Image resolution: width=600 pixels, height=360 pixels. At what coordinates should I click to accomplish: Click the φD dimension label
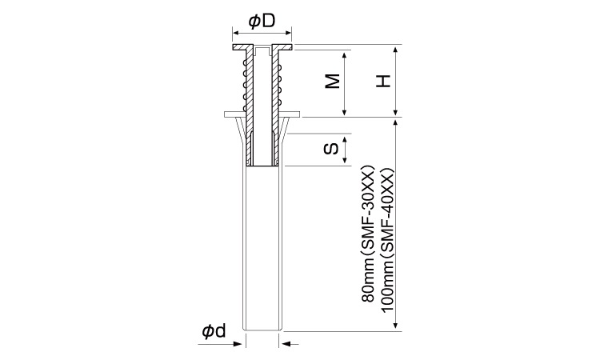[x=262, y=22]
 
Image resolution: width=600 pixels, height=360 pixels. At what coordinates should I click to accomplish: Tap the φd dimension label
[x=214, y=331]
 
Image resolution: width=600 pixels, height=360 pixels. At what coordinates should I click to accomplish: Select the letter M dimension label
[x=333, y=81]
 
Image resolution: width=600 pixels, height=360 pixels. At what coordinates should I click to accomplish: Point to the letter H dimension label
[x=383, y=81]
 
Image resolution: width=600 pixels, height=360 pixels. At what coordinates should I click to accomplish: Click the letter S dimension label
[x=331, y=149]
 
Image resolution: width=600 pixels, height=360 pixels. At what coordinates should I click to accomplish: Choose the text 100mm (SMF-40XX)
[x=388, y=239]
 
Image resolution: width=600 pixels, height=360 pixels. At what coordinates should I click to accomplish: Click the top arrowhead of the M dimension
[x=344, y=54]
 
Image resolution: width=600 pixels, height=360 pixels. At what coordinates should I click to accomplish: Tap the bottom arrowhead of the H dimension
[x=396, y=112]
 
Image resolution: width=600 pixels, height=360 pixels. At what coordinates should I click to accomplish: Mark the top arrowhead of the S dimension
[x=344, y=139]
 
